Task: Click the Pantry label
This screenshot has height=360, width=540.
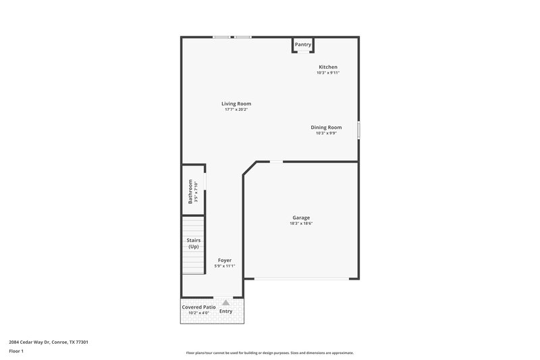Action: click(x=303, y=45)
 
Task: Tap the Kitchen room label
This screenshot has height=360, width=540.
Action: click(x=328, y=67)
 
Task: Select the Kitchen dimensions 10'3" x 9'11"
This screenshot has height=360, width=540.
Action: click(x=328, y=73)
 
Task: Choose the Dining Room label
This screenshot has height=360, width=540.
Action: click(x=326, y=127)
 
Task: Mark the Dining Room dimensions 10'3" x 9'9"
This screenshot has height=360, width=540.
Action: click(x=326, y=133)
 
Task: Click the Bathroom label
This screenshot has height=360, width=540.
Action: click(x=190, y=191)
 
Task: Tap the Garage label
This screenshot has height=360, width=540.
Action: click(x=301, y=217)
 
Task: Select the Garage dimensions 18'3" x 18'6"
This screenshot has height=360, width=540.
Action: click(x=301, y=224)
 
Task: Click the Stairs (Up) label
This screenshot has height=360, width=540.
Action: click(x=193, y=243)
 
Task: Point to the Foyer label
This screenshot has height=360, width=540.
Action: click(x=225, y=260)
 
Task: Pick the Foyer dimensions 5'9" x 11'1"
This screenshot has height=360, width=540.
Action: click(x=225, y=266)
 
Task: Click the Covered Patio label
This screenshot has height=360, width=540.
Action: click(x=199, y=307)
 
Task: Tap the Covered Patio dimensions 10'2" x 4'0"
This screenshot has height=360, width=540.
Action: click(x=199, y=313)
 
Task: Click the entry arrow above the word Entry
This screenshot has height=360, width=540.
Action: click(x=226, y=303)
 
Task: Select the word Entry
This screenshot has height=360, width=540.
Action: click(x=226, y=311)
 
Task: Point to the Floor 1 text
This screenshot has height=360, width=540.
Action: click(x=16, y=352)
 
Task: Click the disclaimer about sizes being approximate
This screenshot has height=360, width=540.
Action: click(x=269, y=353)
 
